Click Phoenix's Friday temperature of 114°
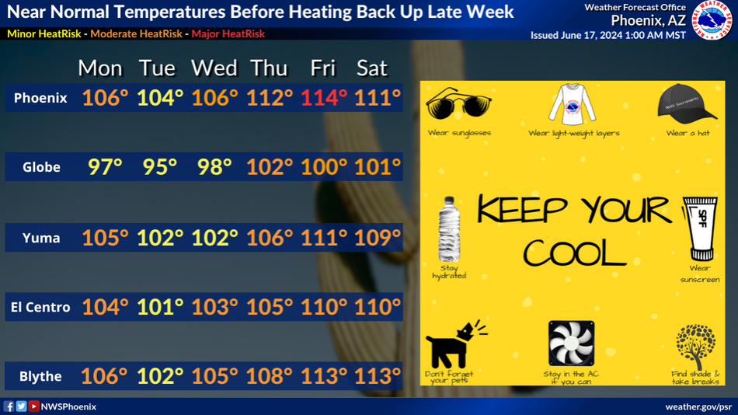324,98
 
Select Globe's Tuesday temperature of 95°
159,167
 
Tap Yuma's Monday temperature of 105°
105,237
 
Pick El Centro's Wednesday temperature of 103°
214,307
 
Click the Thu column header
269,68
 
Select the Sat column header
372,68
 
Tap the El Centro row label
40,307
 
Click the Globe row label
41,167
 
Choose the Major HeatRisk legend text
228,34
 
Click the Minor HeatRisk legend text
44,34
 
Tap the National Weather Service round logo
713,19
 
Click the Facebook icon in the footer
9,406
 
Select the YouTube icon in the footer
33,406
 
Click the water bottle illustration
449,229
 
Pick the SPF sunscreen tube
701,229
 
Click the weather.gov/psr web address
698,406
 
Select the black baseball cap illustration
687,103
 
